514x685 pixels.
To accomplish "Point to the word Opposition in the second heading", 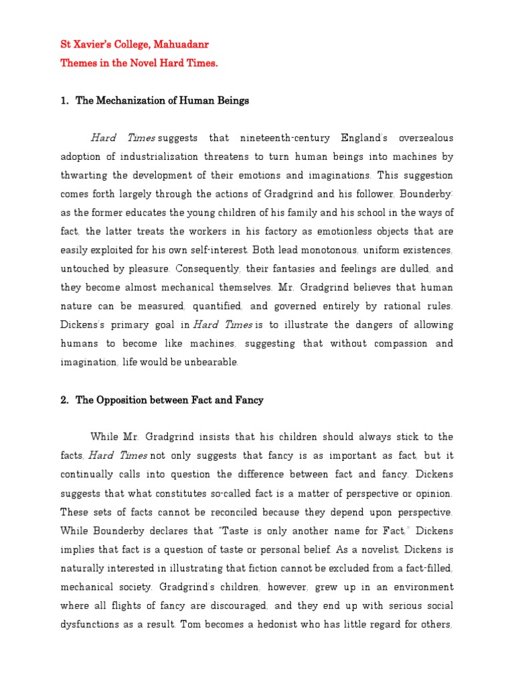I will pos(124,400).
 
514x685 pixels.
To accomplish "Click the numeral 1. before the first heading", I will pos(65,101).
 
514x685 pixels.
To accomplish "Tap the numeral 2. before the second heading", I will pos(65,400).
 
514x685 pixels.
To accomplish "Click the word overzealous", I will pos(426,138).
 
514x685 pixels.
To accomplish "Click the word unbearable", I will pos(207,363).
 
